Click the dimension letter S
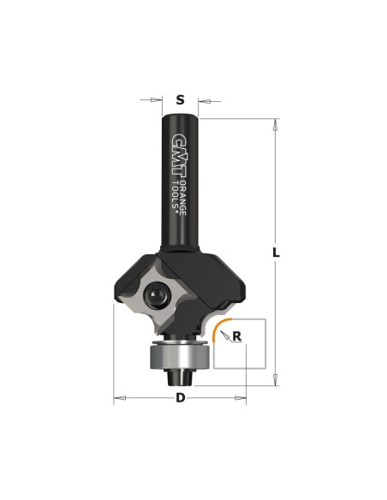(x=181, y=100)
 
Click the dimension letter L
(x=276, y=253)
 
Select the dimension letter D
(x=181, y=397)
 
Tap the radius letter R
(x=237, y=336)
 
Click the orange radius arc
(x=217, y=325)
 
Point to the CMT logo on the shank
(x=179, y=155)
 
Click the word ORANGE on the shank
(x=182, y=198)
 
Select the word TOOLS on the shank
(x=175, y=195)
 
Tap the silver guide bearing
(x=180, y=357)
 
